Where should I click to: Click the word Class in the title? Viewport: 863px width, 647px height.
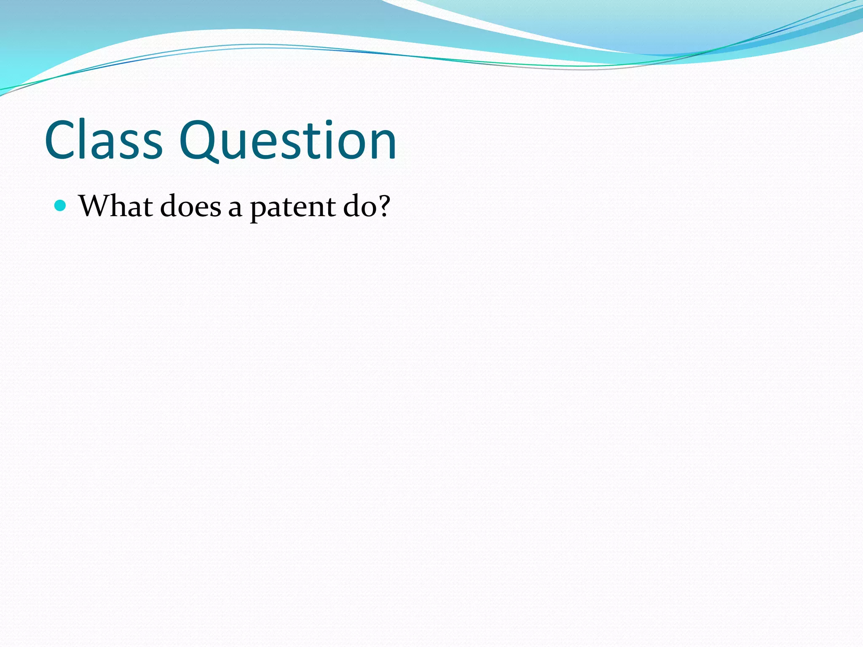(103, 140)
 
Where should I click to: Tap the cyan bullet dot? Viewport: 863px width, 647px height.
(61, 206)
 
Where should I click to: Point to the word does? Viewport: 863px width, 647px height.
(190, 207)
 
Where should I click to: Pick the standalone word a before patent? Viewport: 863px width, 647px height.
(235, 209)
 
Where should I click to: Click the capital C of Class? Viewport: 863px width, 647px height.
(61, 140)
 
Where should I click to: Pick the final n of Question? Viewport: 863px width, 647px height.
(382, 145)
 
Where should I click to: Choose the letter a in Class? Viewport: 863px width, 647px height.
(106, 145)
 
